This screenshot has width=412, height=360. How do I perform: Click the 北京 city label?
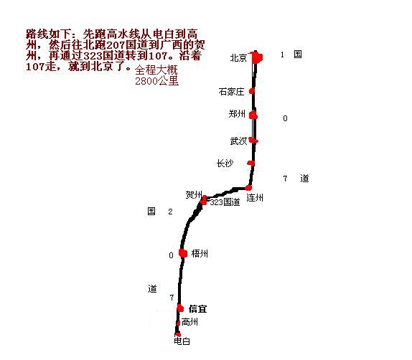pyautogui.click(x=238, y=58)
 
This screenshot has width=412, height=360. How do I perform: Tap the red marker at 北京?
pyautogui.click(x=257, y=57)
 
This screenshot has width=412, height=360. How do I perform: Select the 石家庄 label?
pyautogui.click(x=231, y=92)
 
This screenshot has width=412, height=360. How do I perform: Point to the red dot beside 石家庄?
pyautogui.click(x=252, y=91)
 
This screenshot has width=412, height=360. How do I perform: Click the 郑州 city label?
pyautogui.click(x=237, y=114)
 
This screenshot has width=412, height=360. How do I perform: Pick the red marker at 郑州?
pyautogui.click(x=253, y=115)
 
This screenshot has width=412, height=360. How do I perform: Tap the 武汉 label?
pyautogui.click(x=238, y=141)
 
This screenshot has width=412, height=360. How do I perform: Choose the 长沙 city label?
pyautogui.click(x=225, y=163)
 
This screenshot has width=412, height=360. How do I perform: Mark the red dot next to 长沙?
pyautogui.click(x=251, y=164)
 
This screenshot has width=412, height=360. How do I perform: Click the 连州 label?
pyautogui.click(x=255, y=197)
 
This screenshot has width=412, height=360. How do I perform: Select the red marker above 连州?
pyautogui.click(x=248, y=187)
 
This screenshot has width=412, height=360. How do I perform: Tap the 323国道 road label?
pyautogui.click(x=225, y=202)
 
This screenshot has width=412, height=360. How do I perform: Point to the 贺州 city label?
pyautogui.click(x=194, y=194)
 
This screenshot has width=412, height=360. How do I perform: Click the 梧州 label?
pyautogui.click(x=200, y=253)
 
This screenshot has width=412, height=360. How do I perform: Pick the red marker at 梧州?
pyautogui.click(x=183, y=253)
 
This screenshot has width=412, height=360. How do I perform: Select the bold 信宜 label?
pyautogui.click(x=197, y=308)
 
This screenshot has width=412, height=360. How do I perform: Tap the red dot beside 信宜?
pyautogui.click(x=180, y=308)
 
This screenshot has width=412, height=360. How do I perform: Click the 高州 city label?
pyautogui.click(x=189, y=322)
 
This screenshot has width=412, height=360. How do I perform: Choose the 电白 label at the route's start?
pyautogui.click(x=182, y=341)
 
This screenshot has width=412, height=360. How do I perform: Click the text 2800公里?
pyautogui.click(x=157, y=81)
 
